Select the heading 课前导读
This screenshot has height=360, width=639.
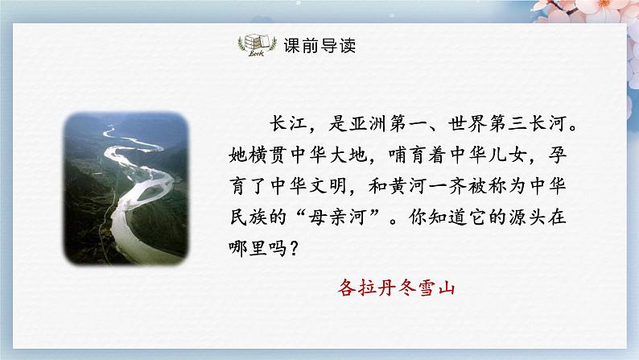point(319,46)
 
